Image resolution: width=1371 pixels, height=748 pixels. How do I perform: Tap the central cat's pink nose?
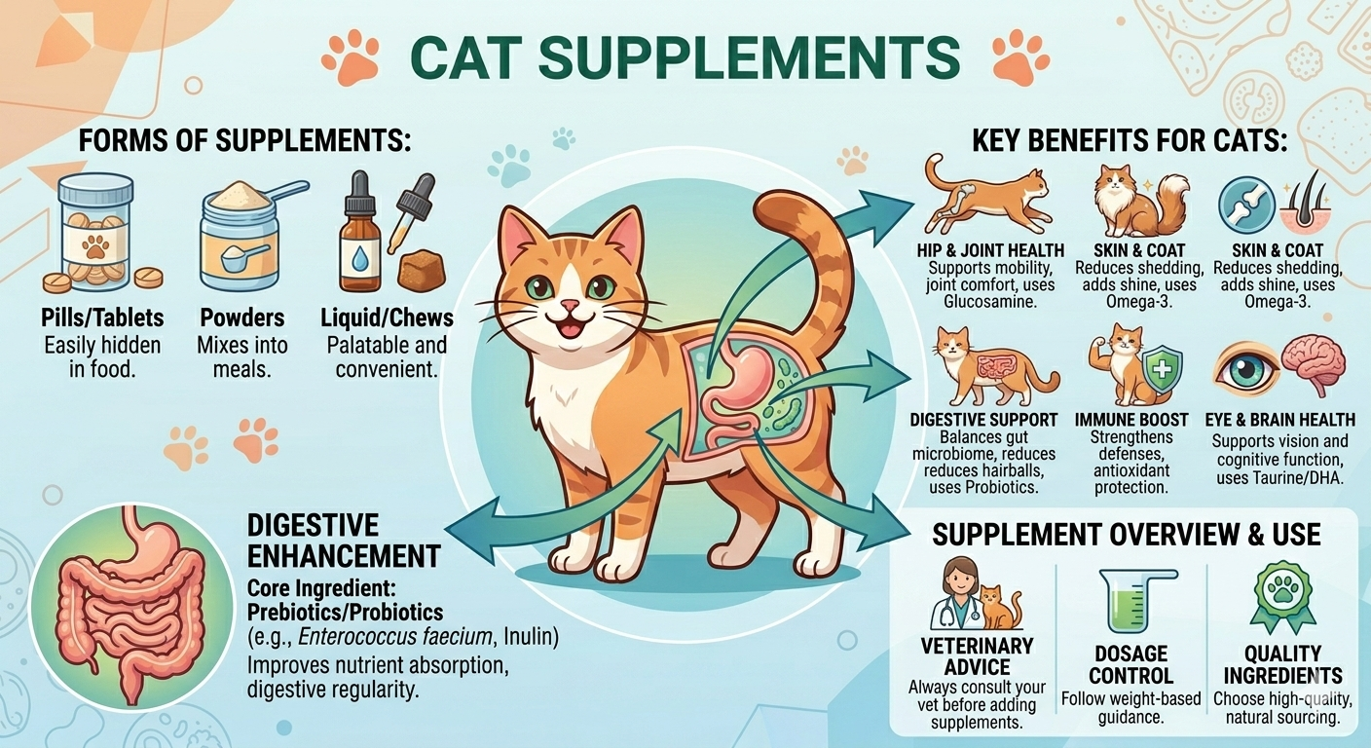571,304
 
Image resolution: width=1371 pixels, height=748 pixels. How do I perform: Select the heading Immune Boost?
1131,420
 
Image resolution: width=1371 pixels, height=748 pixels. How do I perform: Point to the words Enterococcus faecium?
395,637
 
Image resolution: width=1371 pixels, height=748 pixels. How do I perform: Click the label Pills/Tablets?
102,318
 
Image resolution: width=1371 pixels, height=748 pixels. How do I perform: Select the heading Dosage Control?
1131,665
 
